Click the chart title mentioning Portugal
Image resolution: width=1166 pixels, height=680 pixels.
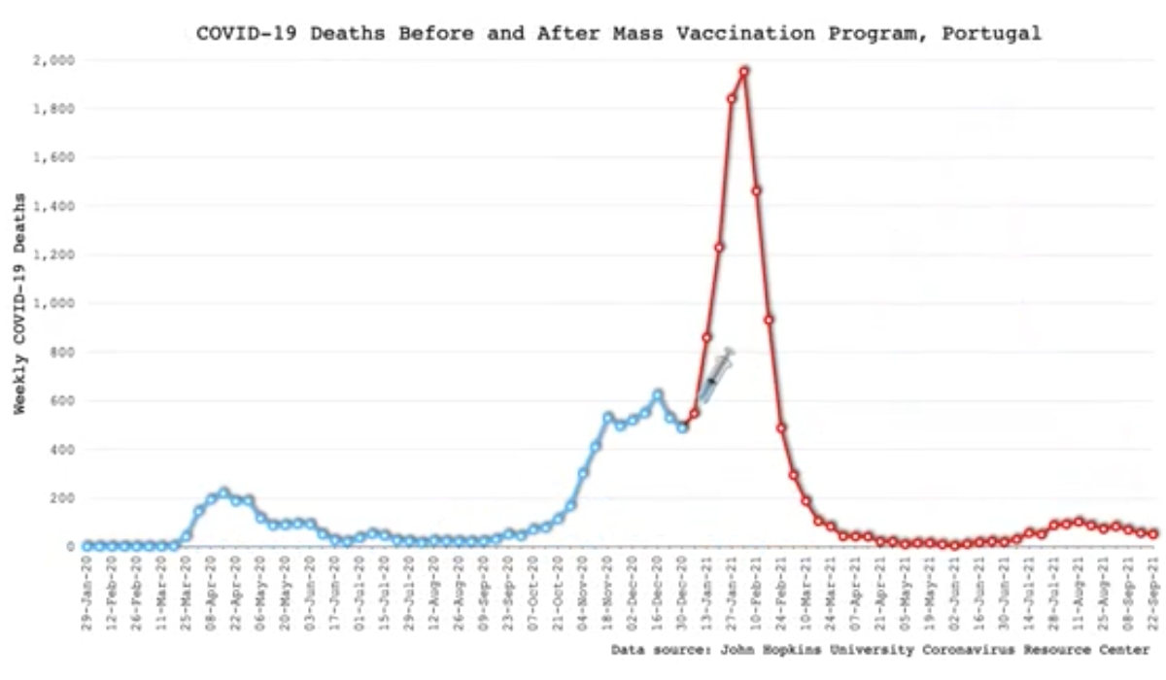(618, 33)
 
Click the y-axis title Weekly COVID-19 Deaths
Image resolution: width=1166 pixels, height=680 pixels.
(19, 303)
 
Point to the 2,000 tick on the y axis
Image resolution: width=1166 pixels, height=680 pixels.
(55, 60)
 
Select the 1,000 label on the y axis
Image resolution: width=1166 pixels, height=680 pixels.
(55, 303)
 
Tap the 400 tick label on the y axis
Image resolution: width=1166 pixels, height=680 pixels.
(62, 450)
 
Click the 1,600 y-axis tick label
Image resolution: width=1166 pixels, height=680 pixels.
(55, 157)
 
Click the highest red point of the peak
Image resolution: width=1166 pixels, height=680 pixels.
(743, 71)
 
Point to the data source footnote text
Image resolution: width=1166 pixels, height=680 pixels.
(880, 649)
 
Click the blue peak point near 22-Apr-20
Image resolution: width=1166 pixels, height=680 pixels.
(223, 493)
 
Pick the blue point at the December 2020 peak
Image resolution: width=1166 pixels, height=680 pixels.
(658, 394)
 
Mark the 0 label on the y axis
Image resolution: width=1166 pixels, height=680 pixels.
(70, 547)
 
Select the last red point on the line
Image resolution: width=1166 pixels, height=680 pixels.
(1153, 534)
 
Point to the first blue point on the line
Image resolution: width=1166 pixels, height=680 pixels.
(87, 546)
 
